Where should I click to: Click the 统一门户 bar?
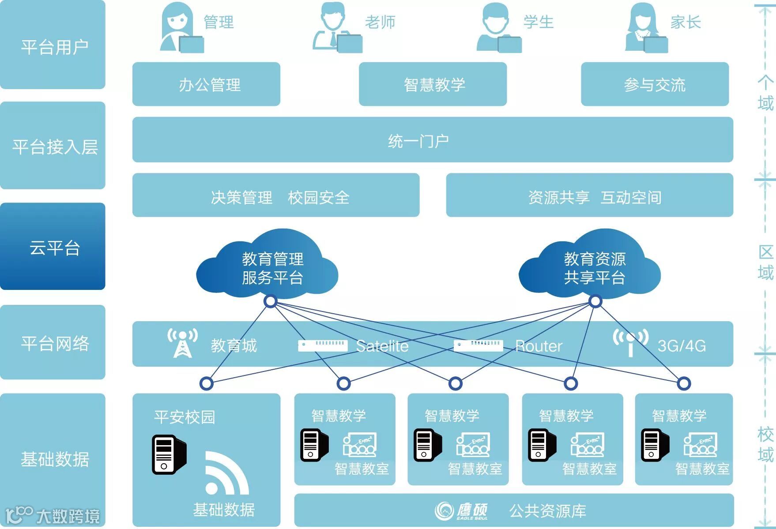(433, 140)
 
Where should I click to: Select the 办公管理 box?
(206, 84)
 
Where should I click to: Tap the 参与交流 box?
(655, 84)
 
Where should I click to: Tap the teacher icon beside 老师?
(335, 27)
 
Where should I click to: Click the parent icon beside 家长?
(644, 27)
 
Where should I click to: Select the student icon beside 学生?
(497, 27)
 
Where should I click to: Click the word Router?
(539, 346)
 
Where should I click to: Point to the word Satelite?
(382, 346)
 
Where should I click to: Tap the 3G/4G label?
(682, 346)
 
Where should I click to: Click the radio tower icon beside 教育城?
(182, 343)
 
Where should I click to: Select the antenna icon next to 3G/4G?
(630, 342)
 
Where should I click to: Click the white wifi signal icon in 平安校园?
(225, 473)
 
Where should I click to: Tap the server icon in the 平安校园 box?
(169, 454)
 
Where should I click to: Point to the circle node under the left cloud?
(271, 301)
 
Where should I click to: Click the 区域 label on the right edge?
(765, 263)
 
